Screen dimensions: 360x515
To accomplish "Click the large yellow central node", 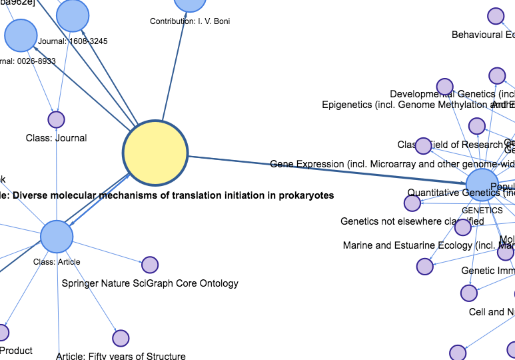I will point(155,153).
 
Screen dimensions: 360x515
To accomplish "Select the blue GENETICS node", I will point(482,185).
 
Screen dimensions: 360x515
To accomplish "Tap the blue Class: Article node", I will point(57,237).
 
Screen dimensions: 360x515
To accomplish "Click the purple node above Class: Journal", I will point(56,120).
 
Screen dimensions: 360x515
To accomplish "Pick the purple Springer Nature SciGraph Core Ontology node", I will point(150,265).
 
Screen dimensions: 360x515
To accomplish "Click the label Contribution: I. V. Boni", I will point(190,21).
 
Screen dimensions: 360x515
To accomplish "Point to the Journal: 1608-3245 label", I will point(73,41).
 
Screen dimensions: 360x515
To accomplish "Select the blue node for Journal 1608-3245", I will point(73,16).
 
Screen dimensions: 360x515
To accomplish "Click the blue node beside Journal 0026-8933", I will point(21,35).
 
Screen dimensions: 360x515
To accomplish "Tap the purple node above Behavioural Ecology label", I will point(496,16).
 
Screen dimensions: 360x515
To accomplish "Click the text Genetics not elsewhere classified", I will point(412,221).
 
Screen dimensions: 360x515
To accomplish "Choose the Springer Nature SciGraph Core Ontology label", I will point(150,283).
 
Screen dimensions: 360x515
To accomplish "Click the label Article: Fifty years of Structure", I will point(121,356).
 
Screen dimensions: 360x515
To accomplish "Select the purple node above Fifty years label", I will point(121,338).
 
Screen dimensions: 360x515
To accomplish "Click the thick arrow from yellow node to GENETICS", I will point(326,169).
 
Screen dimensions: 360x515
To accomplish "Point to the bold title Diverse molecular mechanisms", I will point(167,196).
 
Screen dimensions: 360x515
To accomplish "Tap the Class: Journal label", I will point(56,138).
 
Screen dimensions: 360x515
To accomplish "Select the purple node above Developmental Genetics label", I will point(444,87).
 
